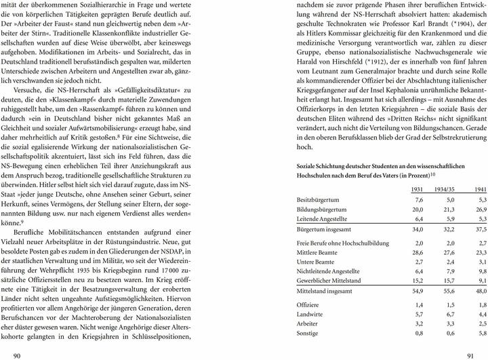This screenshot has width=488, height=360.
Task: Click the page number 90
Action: click(18, 353)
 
